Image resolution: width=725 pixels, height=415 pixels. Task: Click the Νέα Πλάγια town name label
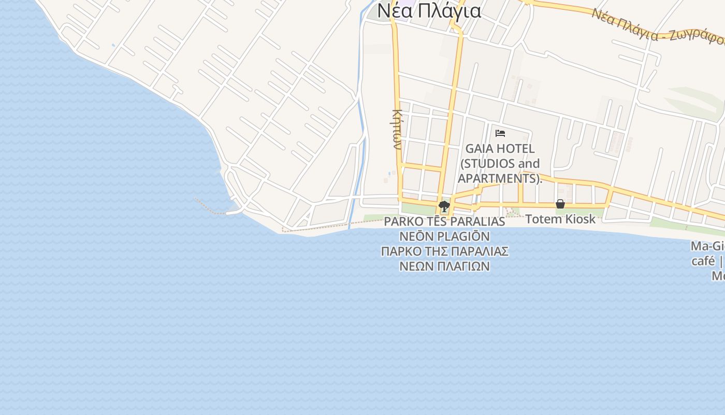[429, 10]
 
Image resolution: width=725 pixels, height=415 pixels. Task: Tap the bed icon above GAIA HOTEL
[500, 133]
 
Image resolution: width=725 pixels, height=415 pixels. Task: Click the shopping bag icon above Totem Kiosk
[560, 204]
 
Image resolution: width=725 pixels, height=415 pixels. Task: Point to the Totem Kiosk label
[560, 219]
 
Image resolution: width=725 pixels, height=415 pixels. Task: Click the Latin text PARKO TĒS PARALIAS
[444, 222]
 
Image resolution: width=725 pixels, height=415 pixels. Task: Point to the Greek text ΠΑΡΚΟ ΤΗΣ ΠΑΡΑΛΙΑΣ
[444, 252]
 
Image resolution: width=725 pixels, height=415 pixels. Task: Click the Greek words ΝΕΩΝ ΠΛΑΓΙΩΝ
[444, 266]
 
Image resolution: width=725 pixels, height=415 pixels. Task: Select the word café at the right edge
[703, 261]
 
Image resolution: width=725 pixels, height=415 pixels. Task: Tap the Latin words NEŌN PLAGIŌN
[444, 237]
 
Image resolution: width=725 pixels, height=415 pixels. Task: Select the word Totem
[543, 219]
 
